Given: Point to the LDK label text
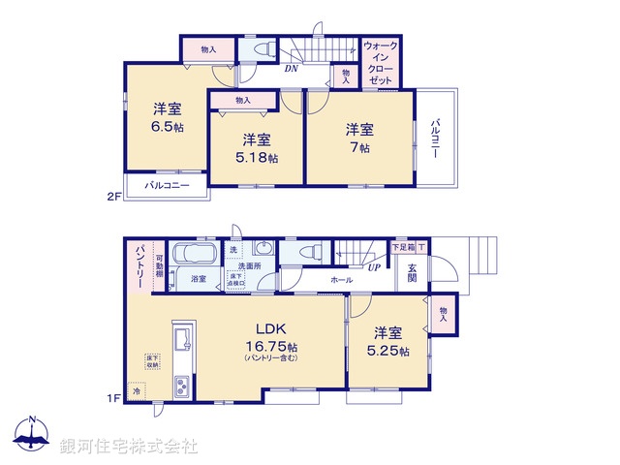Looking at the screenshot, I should [269, 328].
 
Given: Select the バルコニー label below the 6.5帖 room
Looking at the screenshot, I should [167, 184].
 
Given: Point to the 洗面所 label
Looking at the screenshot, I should [251, 265].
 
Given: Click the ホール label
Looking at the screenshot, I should [341, 279].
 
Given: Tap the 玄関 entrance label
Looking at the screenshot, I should [411, 272].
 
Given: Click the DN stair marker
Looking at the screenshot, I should [291, 70].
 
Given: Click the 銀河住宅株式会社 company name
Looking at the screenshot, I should [128, 446].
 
